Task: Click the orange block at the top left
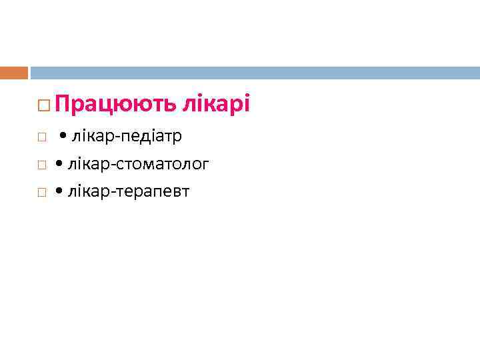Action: (x=14, y=73)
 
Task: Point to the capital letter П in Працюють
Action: (x=63, y=104)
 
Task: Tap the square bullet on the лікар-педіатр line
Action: (x=41, y=137)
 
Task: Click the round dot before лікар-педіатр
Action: (x=62, y=137)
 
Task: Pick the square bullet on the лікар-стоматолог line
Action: (x=41, y=165)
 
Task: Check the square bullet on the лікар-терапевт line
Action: (x=41, y=193)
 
